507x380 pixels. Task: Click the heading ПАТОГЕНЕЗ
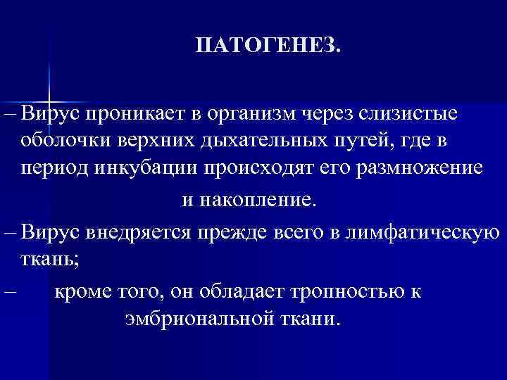(x=267, y=46)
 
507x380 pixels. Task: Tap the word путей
(x=358, y=141)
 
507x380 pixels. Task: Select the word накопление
(x=260, y=200)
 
